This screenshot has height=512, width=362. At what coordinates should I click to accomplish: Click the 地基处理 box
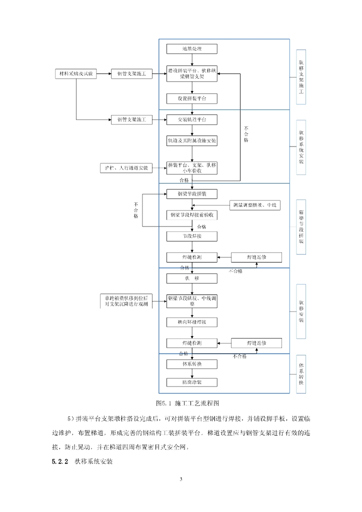tap(192, 49)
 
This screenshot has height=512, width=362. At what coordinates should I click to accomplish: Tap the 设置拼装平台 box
tap(192, 99)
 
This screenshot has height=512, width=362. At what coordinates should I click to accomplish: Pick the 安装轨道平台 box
tap(192, 120)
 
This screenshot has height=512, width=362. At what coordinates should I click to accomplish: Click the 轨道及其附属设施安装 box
tap(192, 141)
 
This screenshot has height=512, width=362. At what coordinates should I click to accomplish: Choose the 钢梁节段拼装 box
tap(192, 193)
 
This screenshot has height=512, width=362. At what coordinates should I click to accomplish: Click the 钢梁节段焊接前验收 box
tap(192, 215)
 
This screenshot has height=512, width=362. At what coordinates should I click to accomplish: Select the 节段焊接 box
tap(192, 235)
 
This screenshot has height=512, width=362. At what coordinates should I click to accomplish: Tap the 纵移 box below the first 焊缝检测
tap(192, 277)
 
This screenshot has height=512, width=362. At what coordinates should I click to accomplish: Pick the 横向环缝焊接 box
tap(192, 322)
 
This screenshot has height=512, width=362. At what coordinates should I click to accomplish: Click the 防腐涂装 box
tap(192, 382)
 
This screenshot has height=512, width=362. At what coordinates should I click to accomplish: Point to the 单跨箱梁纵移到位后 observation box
tap(126, 300)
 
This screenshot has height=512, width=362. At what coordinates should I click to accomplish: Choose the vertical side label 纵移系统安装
tap(301, 147)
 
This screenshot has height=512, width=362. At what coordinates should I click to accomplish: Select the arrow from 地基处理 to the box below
tap(192, 59)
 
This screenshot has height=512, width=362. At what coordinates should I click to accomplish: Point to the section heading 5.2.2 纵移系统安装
tap(82, 461)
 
